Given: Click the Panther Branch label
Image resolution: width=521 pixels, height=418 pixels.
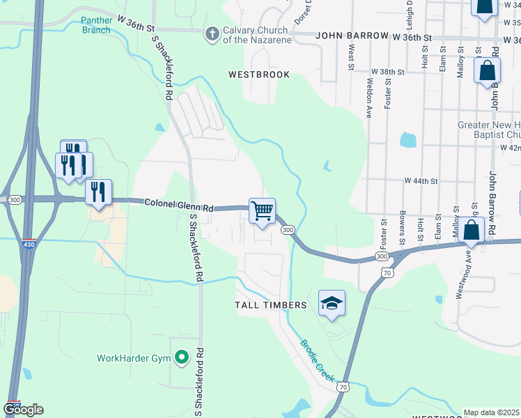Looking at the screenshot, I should [x=95, y=25].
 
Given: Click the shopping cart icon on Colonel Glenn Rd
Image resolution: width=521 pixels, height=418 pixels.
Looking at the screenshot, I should [x=262, y=211].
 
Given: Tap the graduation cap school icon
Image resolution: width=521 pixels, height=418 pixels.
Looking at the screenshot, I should [x=332, y=303].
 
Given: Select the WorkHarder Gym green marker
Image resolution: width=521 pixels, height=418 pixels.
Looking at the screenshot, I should [x=182, y=358].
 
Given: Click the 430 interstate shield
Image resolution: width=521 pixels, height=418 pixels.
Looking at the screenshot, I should [x=29, y=243].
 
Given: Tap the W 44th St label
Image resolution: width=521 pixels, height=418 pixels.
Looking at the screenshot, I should [x=421, y=181].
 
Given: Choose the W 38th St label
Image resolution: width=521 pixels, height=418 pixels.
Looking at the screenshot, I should [x=388, y=72].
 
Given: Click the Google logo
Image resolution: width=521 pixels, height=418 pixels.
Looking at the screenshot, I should [x=23, y=410].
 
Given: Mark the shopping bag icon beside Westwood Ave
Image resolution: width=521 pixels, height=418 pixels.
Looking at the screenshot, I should [x=472, y=231].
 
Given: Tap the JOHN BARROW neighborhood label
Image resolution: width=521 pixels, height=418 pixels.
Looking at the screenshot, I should [x=352, y=36].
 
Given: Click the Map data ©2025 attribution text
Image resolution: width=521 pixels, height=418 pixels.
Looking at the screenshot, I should [x=492, y=412].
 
